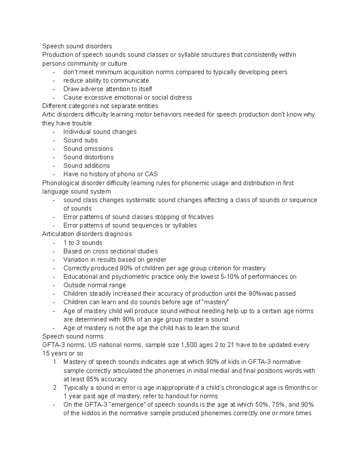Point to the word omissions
[98, 149]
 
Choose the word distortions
[99, 157]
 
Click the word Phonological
[60, 183]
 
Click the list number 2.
[55, 388]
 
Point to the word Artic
[49, 114]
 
